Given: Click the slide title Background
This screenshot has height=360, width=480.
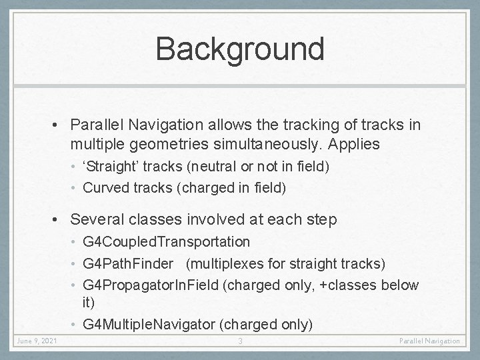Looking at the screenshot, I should tap(239, 49).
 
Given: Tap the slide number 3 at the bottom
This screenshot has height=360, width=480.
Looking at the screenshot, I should tap(240, 341).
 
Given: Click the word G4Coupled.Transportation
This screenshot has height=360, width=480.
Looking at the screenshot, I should tap(166, 241).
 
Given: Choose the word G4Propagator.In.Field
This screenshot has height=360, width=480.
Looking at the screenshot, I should tap(151, 285).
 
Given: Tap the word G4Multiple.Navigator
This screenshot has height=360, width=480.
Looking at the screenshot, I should tap(150, 325).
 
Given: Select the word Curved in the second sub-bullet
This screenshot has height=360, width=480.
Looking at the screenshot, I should tap(104, 188).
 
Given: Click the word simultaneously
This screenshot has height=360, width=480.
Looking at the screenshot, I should tap(283, 144).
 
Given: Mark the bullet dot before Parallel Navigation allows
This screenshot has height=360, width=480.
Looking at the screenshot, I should tap(59, 125).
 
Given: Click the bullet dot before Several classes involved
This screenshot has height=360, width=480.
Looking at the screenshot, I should tap(59, 218).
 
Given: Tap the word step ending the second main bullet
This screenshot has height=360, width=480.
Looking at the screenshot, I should tap(323, 218).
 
